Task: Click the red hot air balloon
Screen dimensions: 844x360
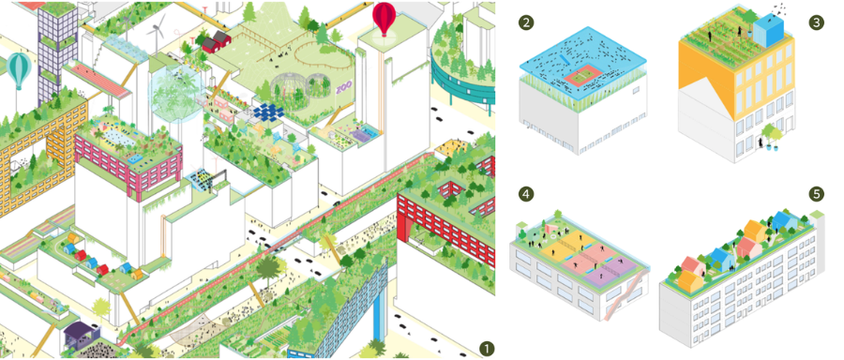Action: point(384,17)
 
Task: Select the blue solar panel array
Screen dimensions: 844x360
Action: point(268,112)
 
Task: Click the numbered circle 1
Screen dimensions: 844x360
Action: point(486,348)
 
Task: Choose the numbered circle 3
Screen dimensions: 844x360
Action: point(816,22)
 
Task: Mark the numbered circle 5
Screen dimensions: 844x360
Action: point(816,194)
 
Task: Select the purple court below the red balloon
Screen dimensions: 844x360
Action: point(361,132)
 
